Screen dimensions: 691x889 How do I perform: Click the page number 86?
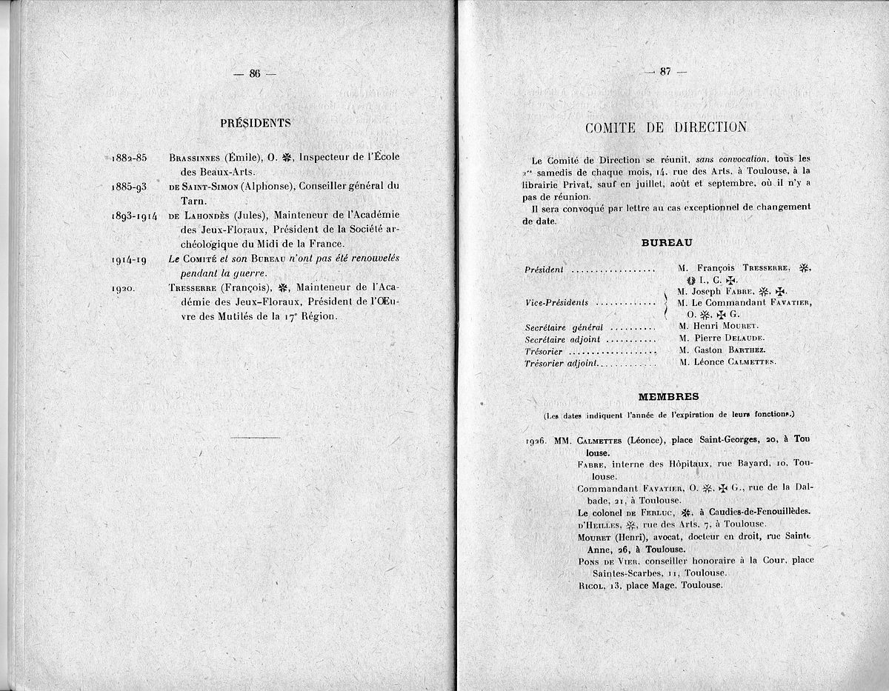point(255,73)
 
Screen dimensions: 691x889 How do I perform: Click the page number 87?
point(665,72)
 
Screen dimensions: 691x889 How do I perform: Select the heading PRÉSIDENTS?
point(255,123)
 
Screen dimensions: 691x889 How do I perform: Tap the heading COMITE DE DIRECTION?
point(665,127)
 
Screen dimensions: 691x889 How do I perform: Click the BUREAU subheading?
point(666,242)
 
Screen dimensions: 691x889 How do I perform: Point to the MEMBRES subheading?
point(668,397)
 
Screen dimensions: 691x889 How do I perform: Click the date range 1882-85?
point(130,158)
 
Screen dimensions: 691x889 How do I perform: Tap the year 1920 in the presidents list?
point(123,288)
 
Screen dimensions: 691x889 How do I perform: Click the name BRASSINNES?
point(196,158)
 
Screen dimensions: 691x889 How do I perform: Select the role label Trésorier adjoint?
point(562,364)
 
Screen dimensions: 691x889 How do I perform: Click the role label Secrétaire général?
point(564,327)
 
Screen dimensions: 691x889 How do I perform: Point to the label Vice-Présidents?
point(556,302)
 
